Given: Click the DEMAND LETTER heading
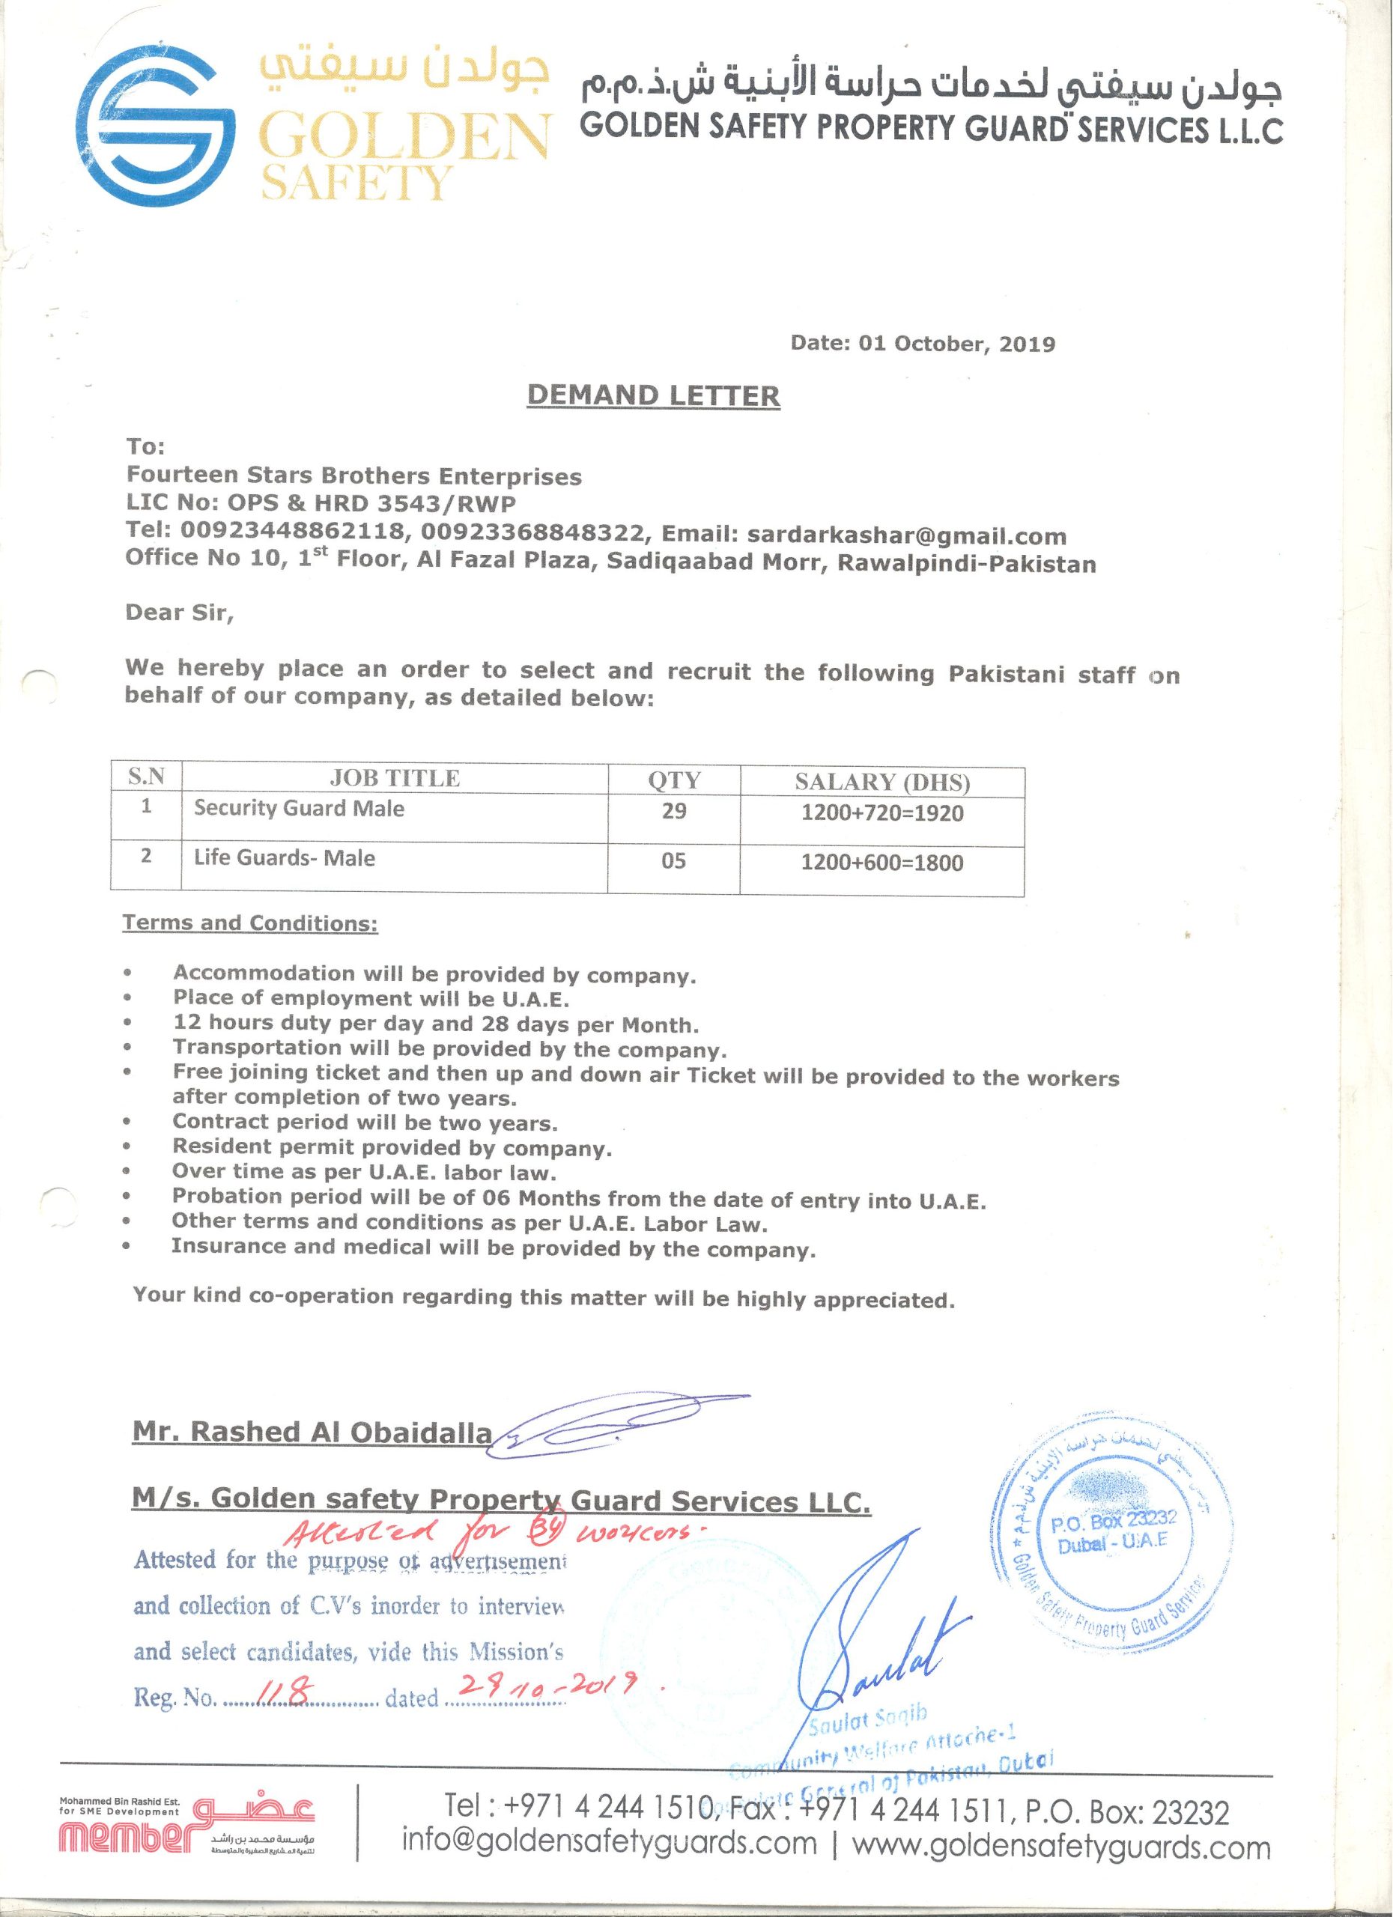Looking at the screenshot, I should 652,395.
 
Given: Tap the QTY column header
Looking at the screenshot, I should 674,780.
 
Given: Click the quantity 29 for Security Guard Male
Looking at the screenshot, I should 674,812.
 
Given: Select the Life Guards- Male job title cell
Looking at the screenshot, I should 284,859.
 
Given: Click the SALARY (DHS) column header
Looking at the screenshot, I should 881,782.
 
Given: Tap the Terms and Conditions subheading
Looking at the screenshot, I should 250,923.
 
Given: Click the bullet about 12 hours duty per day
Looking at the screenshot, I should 436,1025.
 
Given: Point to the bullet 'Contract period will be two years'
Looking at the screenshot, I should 365,1122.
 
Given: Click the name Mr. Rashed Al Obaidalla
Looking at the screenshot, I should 312,1433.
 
